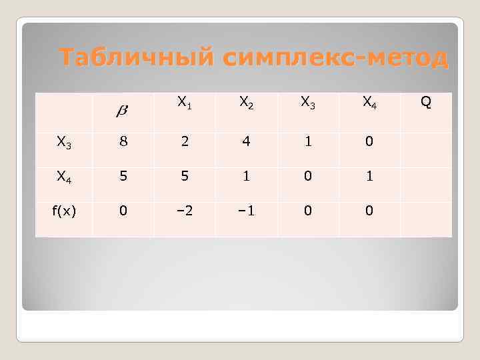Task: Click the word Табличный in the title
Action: coord(137,58)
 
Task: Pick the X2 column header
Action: coord(246,103)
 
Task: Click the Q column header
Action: coord(426,102)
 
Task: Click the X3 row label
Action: coord(64,141)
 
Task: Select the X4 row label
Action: coord(64,177)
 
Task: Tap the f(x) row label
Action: coord(64,211)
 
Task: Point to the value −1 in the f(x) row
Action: coord(246,211)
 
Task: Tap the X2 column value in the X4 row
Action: coord(246,176)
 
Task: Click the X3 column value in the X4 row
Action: coord(307,176)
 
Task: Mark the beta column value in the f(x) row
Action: coord(123,211)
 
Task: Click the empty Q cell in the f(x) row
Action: coord(426,211)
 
